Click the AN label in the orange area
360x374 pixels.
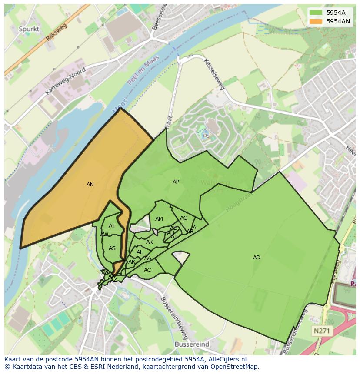coord(90,185)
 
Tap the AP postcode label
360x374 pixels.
coord(176,182)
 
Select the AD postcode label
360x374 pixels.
coord(257,258)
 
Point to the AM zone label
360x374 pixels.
coord(159,219)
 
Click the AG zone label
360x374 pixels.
coord(183,218)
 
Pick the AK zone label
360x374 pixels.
coord(150,242)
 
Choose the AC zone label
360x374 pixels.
coord(147,270)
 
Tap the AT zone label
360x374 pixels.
coord(112,226)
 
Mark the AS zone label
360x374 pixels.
coord(112,248)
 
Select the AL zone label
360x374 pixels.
coord(140,252)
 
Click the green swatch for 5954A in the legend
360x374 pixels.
coord(316,13)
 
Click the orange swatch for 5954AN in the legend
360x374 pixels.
coord(316,21)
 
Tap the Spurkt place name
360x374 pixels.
coord(29,29)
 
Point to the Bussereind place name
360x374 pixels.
coord(192,344)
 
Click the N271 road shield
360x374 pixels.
coord(322,331)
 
